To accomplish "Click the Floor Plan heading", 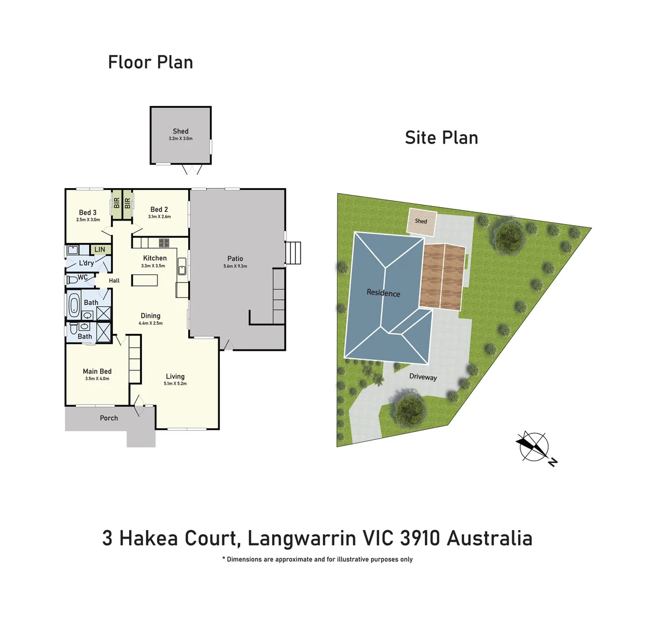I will click(150, 62).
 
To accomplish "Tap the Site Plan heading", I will click(441, 138).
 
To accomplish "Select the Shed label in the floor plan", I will click(181, 131).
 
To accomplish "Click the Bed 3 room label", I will click(87, 212).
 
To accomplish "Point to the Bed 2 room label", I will click(159, 209).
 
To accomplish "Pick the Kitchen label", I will click(155, 258).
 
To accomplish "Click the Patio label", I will click(235, 259).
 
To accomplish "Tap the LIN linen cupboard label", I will click(100, 249).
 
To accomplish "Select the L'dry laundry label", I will click(86, 263).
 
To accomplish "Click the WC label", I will click(83, 277).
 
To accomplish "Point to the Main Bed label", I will click(97, 372).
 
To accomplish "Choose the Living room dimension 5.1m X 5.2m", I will click(175, 384).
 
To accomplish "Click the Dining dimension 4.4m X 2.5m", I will click(150, 323).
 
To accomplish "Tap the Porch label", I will click(109, 418).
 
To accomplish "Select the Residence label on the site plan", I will click(383, 293).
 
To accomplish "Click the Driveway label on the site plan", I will click(423, 377).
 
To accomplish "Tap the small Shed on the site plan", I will click(421, 222).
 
